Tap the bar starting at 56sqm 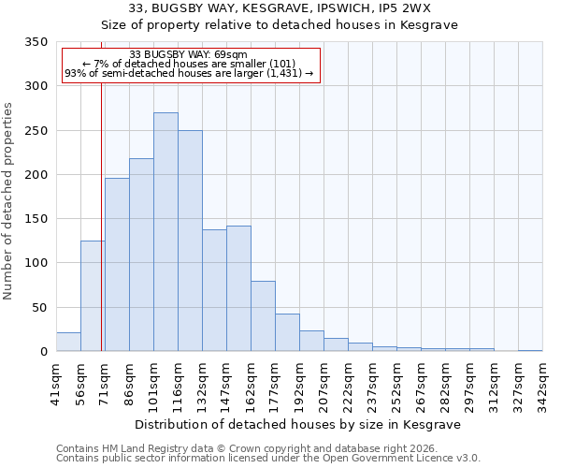(93, 296)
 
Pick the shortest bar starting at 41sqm (68, 343)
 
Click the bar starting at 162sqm (263, 316)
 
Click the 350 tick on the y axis (37, 42)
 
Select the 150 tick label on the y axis (37, 219)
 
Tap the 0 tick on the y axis (43, 352)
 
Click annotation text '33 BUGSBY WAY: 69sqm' (189, 55)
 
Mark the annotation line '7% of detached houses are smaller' (189, 64)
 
